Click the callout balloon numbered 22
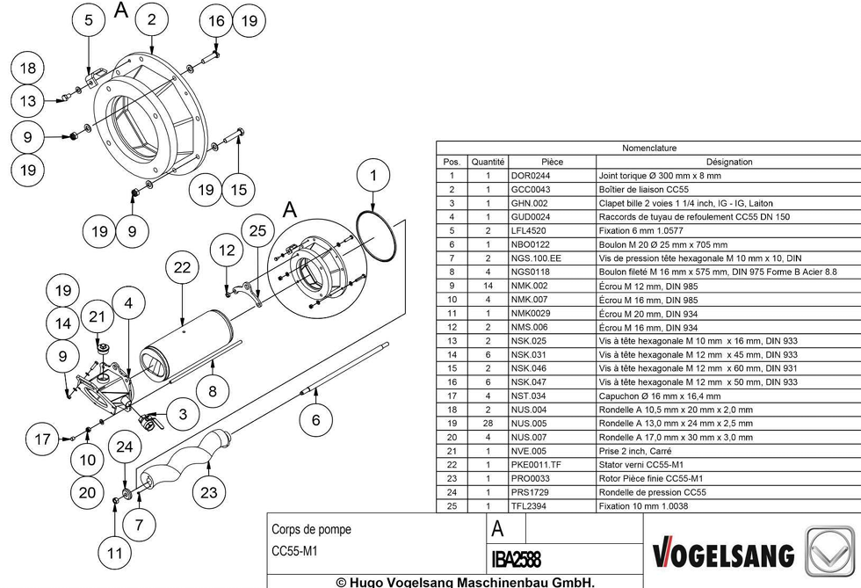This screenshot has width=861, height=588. click(183, 267)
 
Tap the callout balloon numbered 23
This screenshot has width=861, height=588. click(209, 492)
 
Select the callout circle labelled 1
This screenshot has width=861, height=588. click(373, 175)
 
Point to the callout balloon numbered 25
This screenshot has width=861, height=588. click(257, 231)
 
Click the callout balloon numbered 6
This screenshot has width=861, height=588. click(315, 420)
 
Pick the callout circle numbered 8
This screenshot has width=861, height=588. click(213, 391)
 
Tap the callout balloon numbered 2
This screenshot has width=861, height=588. click(151, 20)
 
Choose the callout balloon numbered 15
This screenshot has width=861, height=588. click(239, 190)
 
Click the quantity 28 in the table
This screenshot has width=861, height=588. click(488, 424)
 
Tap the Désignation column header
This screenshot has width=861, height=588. click(729, 162)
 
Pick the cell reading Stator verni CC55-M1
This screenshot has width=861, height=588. click(641, 465)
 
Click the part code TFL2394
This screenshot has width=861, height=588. click(529, 506)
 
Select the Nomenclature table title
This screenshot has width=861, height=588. click(649, 148)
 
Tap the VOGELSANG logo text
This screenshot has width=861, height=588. click(723, 554)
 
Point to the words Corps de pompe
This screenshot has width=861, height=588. click(311, 529)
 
